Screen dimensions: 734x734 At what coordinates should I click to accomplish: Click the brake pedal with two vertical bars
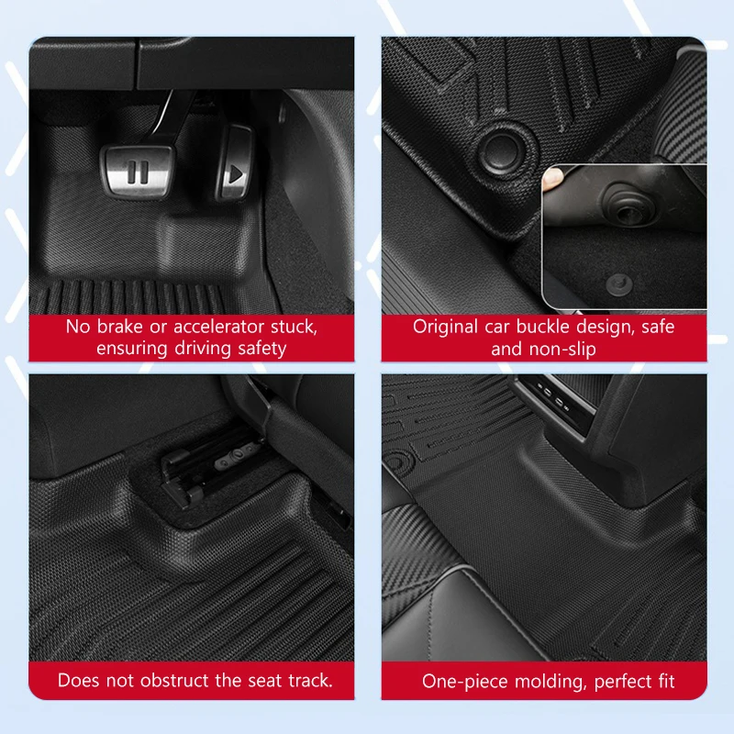[138, 170]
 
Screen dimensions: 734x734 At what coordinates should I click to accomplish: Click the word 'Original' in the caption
[445, 327]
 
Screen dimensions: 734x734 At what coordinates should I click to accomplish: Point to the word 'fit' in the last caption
[663, 682]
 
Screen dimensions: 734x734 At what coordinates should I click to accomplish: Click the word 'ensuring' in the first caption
[131, 349]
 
